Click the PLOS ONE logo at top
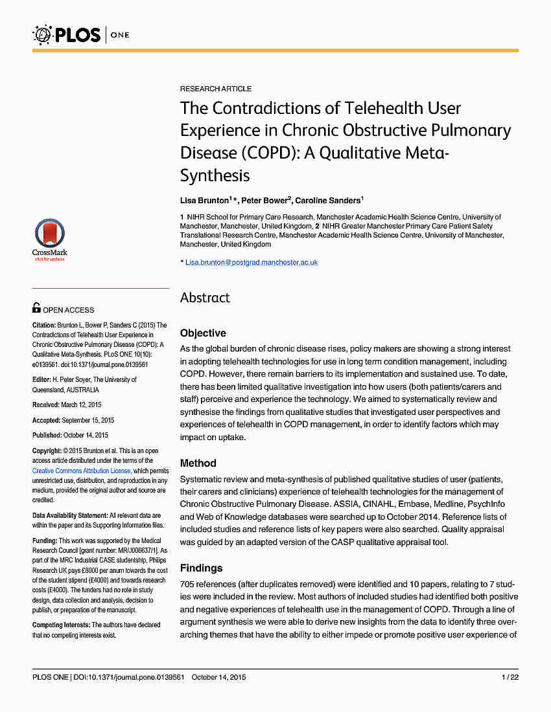point(80,34)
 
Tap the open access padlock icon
point(36,309)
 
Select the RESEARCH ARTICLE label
point(216,89)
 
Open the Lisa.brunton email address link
point(252,262)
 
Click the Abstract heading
point(205,298)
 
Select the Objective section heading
point(203,333)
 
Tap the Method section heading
point(198,463)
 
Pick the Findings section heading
point(201,568)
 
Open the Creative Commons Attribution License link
point(82,471)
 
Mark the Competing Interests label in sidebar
point(61,625)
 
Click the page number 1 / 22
point(510,678)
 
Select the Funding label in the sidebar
point(45,540)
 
